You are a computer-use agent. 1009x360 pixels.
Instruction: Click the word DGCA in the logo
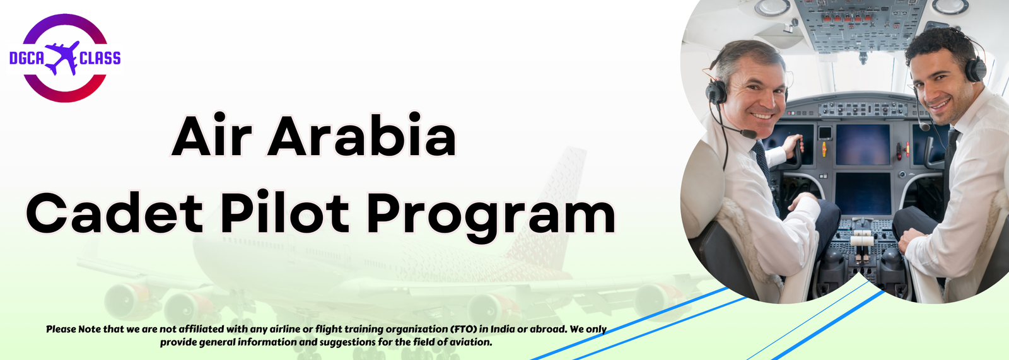(x=26, y=58)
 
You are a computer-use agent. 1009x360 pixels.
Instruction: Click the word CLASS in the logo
(x=100, y=58)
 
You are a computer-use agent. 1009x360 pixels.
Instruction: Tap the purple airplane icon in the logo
(x=62, y=57)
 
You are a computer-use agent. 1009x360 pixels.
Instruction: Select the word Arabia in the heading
(x=362, y=135)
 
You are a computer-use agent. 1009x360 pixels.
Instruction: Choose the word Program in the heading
(x=491, y=217)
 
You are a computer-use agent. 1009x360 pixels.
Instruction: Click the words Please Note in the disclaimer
(x=73, y=329)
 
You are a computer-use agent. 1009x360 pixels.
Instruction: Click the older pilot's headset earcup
(x=716, y=92)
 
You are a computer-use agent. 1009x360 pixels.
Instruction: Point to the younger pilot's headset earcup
(x=975, y=70)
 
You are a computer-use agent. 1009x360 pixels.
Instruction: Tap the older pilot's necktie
(x=764, y=171)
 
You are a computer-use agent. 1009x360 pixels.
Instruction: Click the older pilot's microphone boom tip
(x=749, y=134)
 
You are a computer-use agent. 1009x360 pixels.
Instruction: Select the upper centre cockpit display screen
(x=863, y=144)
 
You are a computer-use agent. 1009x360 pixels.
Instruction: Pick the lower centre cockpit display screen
(x=863, y=194)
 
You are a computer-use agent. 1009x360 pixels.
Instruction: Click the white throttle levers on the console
(x=862, y=239)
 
